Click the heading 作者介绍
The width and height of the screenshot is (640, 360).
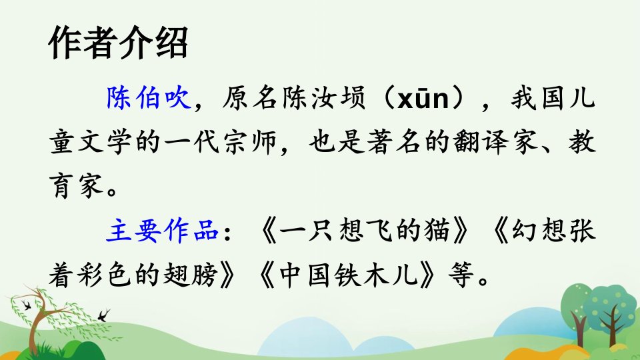coord(119,43)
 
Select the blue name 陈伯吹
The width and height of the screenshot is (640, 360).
coord(149,98)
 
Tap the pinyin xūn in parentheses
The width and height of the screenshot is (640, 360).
coord(423,98)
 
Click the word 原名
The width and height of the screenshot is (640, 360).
coord(250,98)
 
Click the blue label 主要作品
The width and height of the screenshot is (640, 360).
coord(163,231)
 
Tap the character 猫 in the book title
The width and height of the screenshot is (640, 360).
coord(437,231)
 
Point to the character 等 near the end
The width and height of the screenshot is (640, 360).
coord(461,274)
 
